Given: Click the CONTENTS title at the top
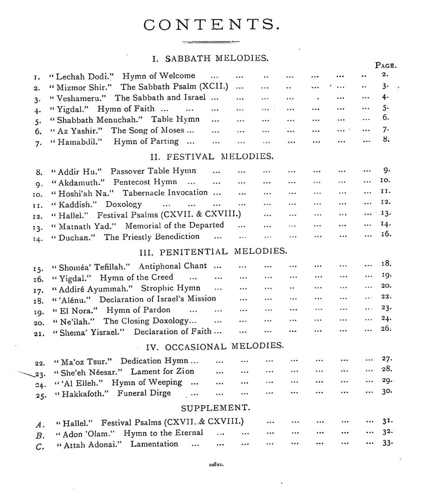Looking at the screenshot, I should (212, 25).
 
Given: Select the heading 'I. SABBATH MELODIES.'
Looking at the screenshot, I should (210, 59).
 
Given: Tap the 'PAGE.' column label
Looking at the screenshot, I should (386, 65).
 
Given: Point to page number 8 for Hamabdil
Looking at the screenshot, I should (386, 139).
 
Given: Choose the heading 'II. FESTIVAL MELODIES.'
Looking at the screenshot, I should (212, 157).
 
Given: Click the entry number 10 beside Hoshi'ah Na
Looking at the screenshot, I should (38, 195).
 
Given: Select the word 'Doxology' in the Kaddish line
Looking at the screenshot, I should (123, 204).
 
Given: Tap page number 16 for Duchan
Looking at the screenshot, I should (386, 234).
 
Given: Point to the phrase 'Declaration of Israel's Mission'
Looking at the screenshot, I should (158, 299).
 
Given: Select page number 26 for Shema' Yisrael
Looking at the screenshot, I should (386, 328).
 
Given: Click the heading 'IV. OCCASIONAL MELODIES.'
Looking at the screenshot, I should (215, 347).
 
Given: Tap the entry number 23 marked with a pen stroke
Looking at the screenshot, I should (40, 375).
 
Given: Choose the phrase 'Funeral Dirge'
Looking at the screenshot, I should (144, 393).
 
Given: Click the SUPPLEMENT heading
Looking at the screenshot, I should (215, 408).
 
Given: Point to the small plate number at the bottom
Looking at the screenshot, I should (216, 465).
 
